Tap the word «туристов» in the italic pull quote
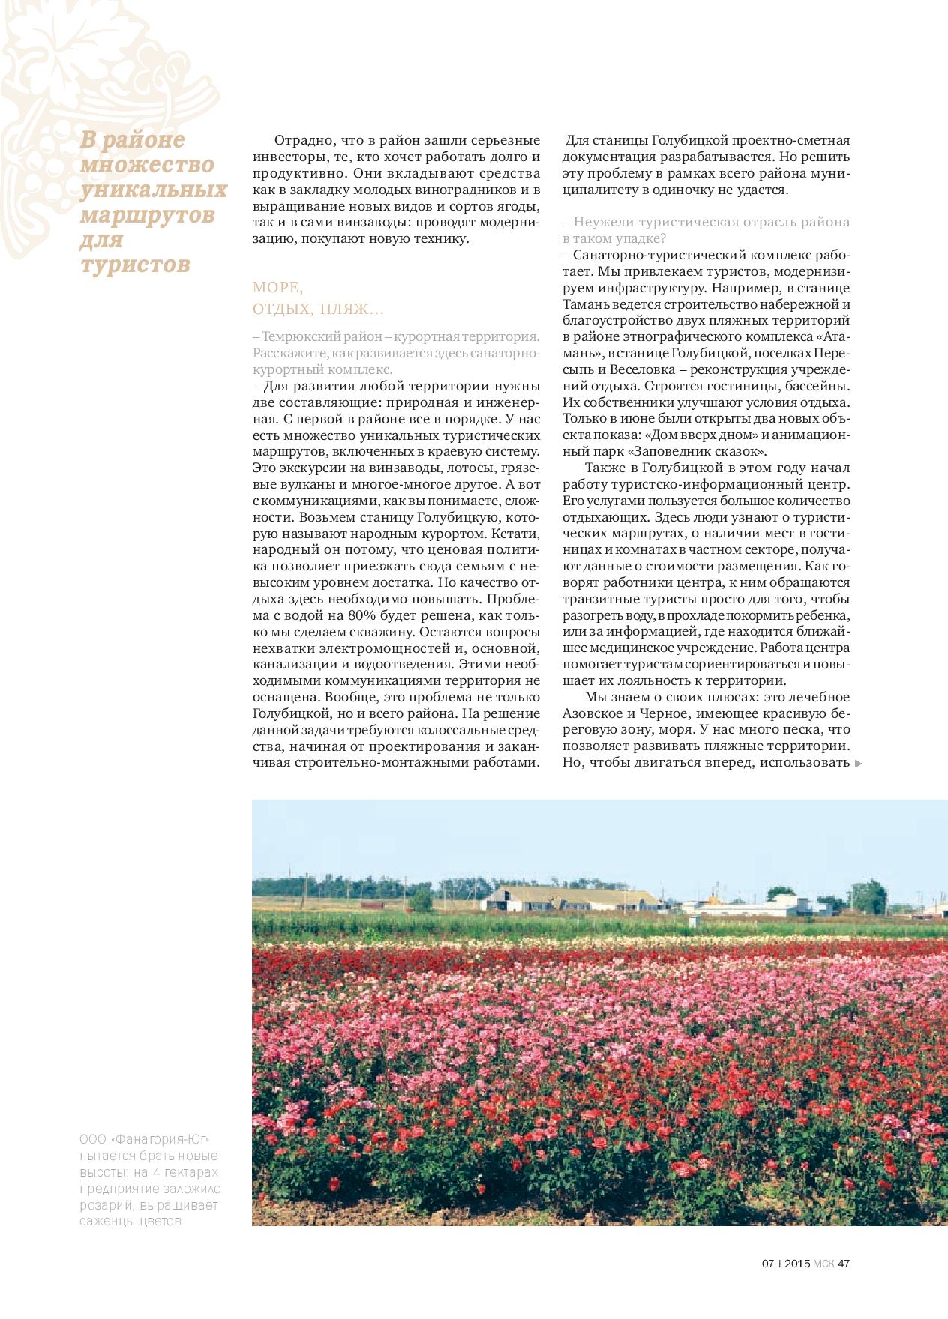136,265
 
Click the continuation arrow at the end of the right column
859,763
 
